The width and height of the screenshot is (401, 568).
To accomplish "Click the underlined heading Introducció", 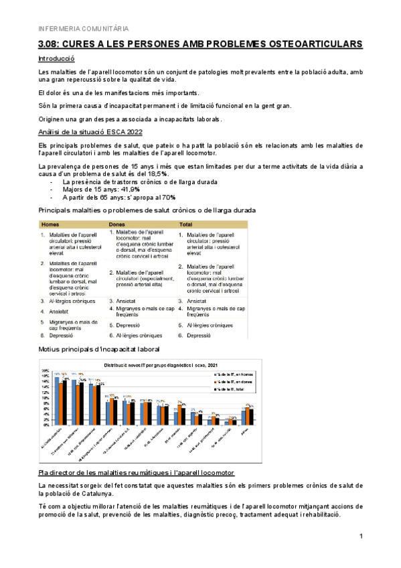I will point(57,60).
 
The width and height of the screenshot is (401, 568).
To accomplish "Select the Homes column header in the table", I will point(51,224).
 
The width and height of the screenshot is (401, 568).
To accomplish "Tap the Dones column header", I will point(118,224).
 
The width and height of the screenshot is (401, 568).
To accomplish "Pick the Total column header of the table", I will point(187,224).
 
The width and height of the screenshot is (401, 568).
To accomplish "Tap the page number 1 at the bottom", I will point(361,537).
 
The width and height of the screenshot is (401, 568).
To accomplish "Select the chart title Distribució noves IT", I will point(151,365).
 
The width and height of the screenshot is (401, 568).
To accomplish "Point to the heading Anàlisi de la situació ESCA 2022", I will point(91,132).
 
